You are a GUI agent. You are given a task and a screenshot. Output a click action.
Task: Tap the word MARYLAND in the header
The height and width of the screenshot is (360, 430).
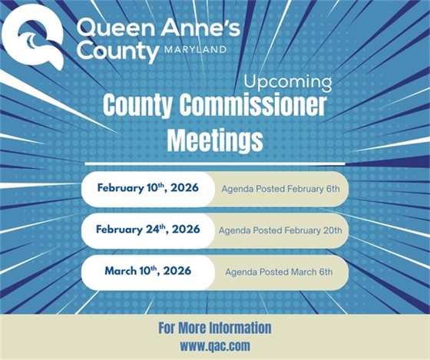pos(196,51)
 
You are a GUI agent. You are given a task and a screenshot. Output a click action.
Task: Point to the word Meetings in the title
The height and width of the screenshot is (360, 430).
pos(215,140)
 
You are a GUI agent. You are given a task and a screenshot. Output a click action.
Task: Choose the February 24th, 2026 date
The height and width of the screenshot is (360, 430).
pos(148,230)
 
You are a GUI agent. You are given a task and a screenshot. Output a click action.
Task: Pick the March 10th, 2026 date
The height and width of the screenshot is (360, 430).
pos(148,271)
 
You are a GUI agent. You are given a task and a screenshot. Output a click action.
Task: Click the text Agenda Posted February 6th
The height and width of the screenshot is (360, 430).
pos(285,189)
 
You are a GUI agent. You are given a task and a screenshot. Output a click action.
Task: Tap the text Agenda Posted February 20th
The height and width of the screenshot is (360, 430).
pos(285,230)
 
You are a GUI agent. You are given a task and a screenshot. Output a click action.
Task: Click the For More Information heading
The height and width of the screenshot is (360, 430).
pos(215,328)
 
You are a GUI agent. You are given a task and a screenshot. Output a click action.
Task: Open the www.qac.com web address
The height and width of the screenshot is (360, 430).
pos(215,346)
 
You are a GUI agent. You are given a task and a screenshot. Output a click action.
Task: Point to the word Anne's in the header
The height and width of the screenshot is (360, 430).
pos(193,28)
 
